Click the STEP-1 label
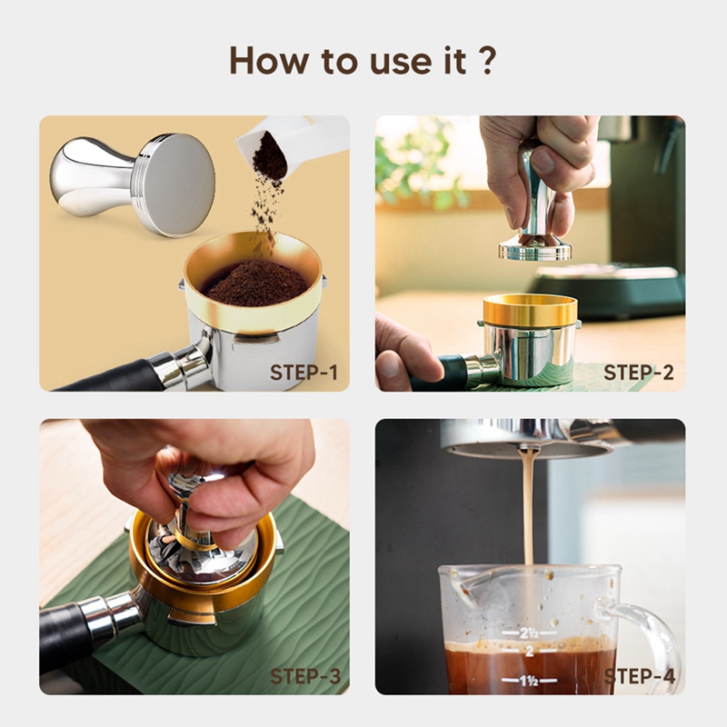304,373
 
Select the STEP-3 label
304,676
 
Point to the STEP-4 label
640,676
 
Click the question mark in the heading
487,60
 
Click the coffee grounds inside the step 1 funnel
254,282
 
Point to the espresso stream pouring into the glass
528,509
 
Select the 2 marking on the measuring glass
530,652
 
